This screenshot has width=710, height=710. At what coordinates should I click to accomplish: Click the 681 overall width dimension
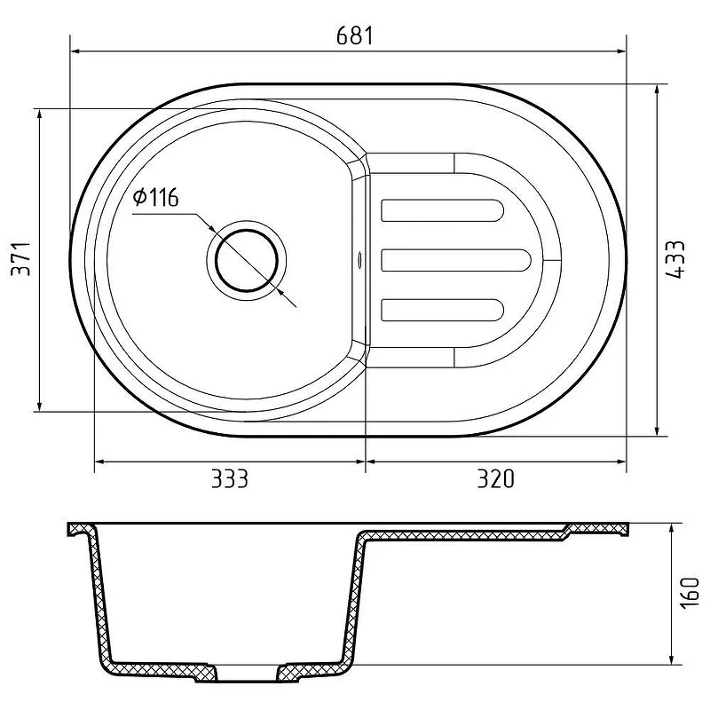(355, 35)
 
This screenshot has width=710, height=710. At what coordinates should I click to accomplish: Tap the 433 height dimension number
(675, 259)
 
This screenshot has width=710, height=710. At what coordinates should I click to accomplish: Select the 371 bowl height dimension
(21, 259)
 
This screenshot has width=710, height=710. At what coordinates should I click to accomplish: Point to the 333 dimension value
(230, 478)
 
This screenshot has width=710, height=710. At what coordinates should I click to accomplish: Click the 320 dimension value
(496, 478)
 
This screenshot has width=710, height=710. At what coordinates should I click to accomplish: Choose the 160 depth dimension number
(690, 593)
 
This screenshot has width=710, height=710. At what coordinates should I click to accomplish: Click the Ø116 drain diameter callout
(156, 197)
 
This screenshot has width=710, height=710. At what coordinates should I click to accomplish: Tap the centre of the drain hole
(247, 260)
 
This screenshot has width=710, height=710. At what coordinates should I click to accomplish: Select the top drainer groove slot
(442, 210)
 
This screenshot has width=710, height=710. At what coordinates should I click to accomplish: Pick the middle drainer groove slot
(455, 260)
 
